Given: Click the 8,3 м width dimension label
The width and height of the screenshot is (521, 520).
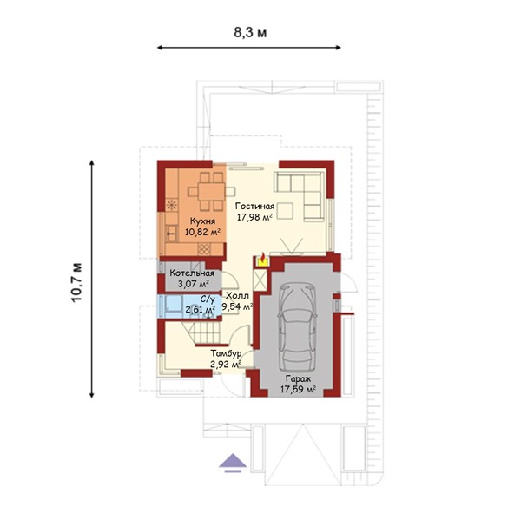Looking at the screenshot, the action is [x=250, y=33].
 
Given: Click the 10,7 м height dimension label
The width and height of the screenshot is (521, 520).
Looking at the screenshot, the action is [x=76, y=282].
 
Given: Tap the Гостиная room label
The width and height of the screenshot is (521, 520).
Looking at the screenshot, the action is [x=254, y=207].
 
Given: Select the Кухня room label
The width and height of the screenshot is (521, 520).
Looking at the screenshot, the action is [x=202, y=221].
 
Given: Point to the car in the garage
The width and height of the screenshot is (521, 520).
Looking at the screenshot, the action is [x=297, y=327].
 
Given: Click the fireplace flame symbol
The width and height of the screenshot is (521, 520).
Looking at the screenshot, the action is [x=262, y=260].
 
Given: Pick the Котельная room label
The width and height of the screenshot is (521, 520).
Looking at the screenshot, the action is [x=192, y=273].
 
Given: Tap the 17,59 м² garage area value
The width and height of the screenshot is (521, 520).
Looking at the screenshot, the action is [x=298, y=389].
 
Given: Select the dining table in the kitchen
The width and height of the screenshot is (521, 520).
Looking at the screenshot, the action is [x=211, y=191].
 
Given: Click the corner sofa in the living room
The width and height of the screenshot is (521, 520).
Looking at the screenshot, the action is [x=300, y=195].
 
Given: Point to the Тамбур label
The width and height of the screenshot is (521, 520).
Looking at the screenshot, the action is [x=226, y=353].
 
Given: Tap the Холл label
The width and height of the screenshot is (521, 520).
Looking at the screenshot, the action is [x=237, y=295].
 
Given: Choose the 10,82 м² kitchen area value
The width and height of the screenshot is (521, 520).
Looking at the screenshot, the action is [x=202, y=232].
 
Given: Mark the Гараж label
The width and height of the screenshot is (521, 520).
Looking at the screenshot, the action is [x=298, y=378].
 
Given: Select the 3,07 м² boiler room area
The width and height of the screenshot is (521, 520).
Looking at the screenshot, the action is [x=193, y=284].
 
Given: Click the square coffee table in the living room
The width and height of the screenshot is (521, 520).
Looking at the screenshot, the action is [x=286, y=211].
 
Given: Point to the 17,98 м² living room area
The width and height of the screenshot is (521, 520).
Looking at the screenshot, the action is [x=254, y=217].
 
